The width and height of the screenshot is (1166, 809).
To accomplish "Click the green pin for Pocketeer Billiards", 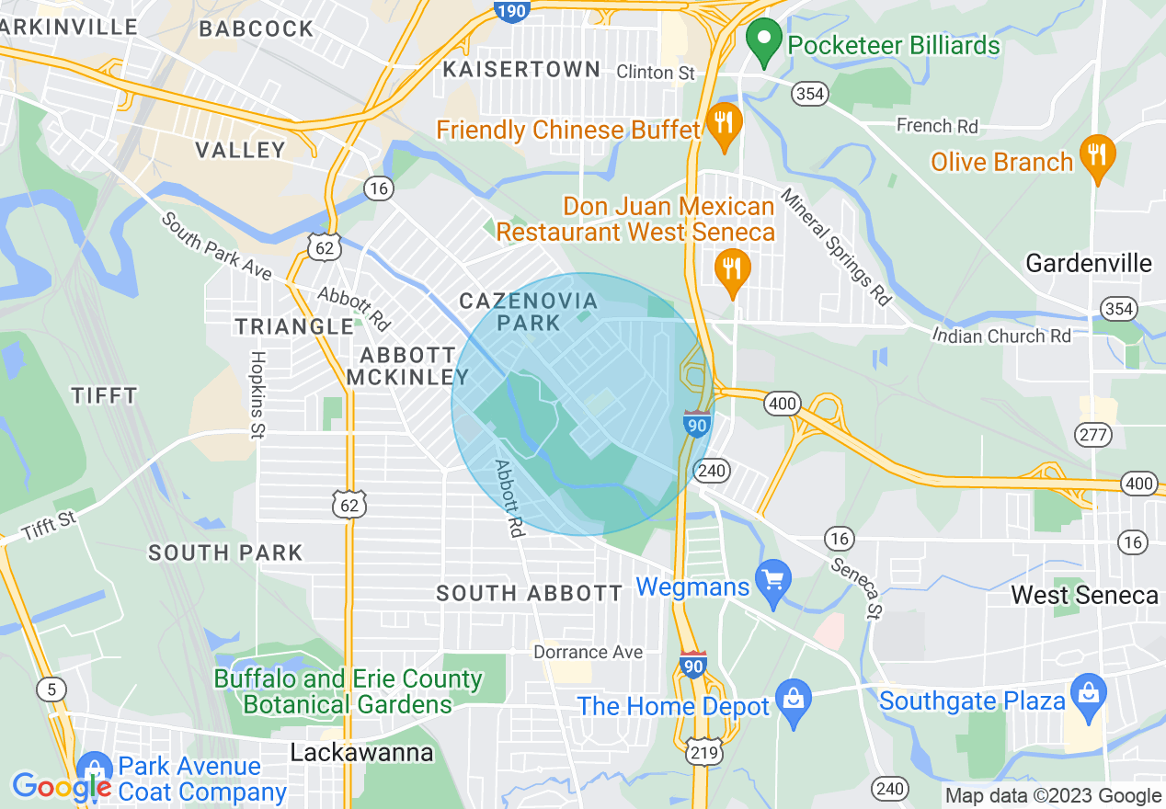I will tap(762, 41).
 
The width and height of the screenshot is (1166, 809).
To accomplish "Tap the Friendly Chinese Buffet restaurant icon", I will tap(724, 125).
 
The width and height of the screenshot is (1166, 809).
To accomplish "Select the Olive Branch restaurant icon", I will tap(1096, 157).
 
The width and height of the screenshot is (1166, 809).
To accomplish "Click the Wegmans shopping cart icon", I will tap(772, 582).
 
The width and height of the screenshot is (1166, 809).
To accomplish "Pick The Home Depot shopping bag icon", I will tap(793, 702).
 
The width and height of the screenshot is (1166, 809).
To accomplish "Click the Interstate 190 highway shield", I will tap(511, 10).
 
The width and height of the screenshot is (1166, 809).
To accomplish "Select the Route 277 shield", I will tap(1094, 435).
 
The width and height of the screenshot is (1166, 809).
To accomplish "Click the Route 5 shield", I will tap(51, 688).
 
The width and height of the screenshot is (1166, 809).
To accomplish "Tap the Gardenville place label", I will tap(1088, 264).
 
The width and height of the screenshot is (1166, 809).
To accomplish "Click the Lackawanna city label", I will tap(361, 753).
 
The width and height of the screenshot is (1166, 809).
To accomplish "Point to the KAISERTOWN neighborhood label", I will tap(521, 69).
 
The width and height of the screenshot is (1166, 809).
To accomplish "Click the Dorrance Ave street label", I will tap(588, 652).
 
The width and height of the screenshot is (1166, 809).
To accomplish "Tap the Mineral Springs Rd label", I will tap(836, 246).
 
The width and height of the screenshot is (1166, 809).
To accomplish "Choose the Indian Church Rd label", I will tap(1001, 336).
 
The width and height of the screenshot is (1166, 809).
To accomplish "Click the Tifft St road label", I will tap(49, 526).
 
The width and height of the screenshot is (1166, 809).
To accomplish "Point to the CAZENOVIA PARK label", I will tap(528, 312).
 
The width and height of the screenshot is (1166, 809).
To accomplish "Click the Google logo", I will tap(61, 787).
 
